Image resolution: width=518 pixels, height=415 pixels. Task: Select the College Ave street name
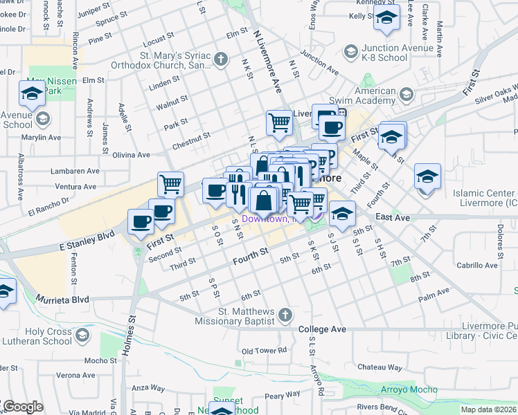[322, 329]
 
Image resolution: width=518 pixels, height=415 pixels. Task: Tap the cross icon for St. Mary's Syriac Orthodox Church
[221, 59]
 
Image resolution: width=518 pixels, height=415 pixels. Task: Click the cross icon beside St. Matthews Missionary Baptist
[285, 316]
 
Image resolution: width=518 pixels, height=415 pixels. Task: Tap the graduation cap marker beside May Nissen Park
[32, 92]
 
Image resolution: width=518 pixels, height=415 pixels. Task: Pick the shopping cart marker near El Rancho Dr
[170, 185]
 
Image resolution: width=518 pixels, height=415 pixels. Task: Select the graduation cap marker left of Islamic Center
[427, 177]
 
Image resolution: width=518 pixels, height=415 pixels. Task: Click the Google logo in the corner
[22, 407]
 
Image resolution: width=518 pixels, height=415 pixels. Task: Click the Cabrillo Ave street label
[476, 265]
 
